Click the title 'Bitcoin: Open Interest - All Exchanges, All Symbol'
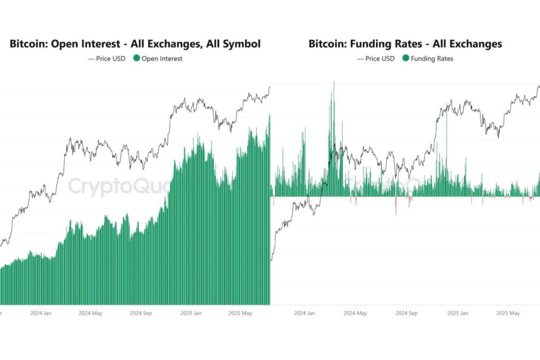click(x=135, y=44)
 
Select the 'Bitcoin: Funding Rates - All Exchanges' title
click(x=405, y=44)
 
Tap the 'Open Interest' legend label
click(x=162, y=58)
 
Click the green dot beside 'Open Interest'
click(x=136, y=58)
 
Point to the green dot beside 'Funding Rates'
click(x=406, y=58)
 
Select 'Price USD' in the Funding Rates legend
click(x=380, y=58)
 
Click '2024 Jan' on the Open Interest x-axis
click(x=40, y=314)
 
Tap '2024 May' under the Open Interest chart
click(x=91, y=314)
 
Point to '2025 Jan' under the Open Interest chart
click(x=191, y=314)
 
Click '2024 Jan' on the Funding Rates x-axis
click(x=304, y=314)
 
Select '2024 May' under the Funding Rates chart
click(x=355, y=314)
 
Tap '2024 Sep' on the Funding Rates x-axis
click(x=406, y=314)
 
